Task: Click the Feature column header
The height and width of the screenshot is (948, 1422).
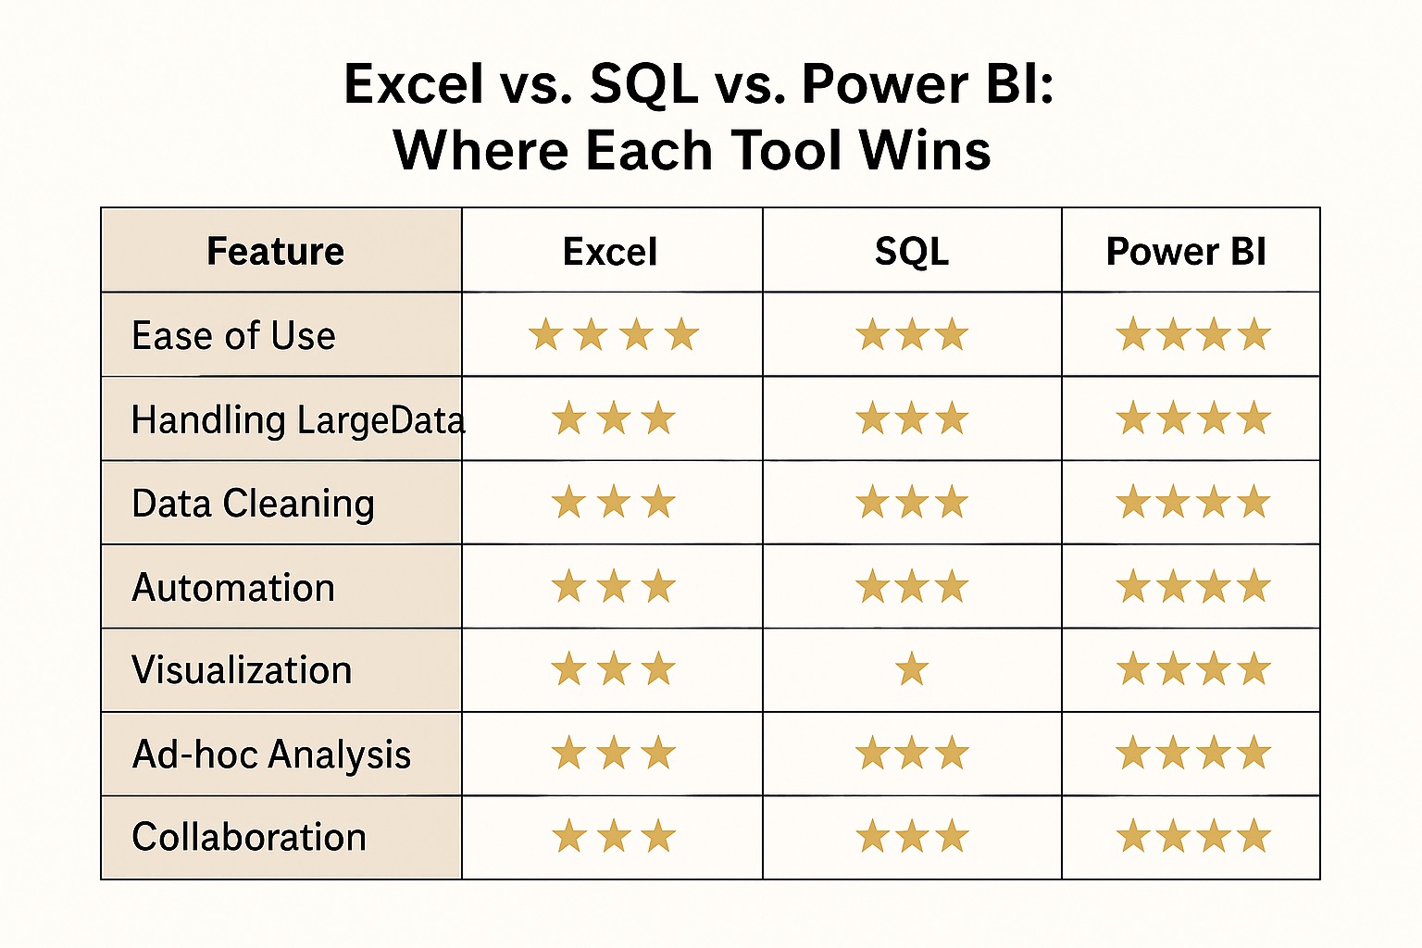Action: coord(275,251)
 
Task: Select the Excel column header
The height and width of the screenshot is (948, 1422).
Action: coord(610,252)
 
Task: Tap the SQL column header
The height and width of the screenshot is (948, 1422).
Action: coord(912,252)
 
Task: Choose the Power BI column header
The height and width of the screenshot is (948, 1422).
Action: coord(1186,252)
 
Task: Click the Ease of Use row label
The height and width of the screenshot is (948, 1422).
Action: coord(233,335)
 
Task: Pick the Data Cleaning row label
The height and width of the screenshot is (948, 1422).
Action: coord(253,504)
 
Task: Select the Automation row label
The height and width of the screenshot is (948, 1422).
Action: coord(233,587)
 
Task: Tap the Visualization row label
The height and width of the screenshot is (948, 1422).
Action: coord(242,670)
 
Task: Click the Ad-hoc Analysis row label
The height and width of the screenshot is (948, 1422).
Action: coord(271,755)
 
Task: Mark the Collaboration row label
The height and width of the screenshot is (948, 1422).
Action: coord(249,837)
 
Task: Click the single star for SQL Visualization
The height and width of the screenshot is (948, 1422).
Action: coord(912,668)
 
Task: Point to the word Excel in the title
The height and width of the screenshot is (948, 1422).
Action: coord(414,83)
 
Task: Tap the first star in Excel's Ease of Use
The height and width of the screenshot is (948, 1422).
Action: coord(545,334)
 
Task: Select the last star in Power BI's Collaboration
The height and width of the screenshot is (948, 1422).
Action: coord(1254,836)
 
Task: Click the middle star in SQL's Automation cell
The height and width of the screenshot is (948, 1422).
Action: coord(912,586)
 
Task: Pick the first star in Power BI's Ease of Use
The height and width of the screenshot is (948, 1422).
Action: coord(1133,334)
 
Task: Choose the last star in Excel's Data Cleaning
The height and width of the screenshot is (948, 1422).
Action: coord(658,503)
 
